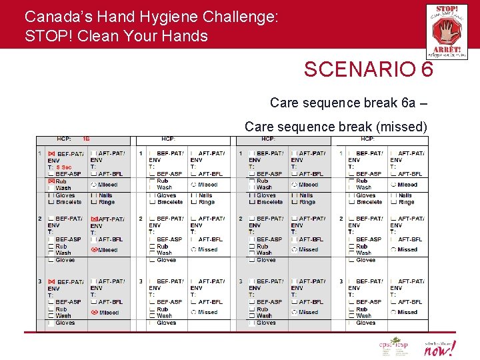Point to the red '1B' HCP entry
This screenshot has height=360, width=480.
86,139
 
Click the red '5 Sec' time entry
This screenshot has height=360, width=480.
64,167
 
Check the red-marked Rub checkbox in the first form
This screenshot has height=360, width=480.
51,181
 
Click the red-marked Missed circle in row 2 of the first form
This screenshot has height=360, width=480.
94,250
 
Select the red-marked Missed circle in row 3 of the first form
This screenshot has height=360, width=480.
94,312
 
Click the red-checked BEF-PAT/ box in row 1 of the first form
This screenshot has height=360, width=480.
51,153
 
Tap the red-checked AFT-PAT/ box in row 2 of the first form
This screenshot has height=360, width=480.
93,219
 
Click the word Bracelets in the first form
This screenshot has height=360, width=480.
69,202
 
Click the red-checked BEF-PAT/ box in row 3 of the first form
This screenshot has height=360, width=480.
51,281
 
